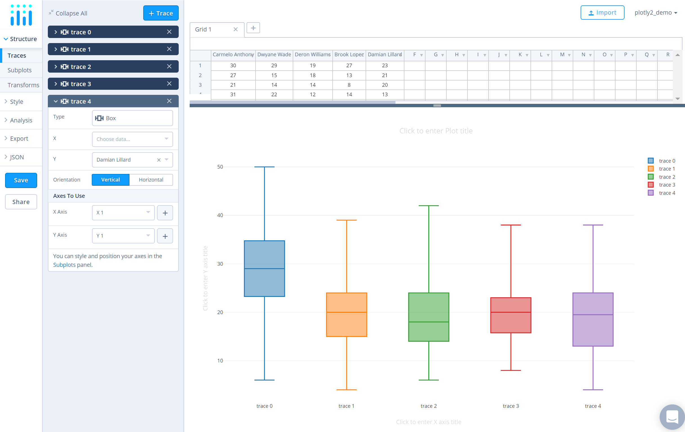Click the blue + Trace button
pyautogui.click(x=161, y=13)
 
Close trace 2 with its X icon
pyautogui.click(x=169, y=66)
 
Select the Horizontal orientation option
pyautogui.click(x=151, y=180)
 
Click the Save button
pyautogui.click(x=21, y=180)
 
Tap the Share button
pyautogui.click(x=21, y=202)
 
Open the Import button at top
pyautogui.click(x=602, y=12)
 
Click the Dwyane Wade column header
pyautogui.click(x=274, y=55)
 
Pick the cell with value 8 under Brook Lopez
pyautogui.click(x=349, y=85)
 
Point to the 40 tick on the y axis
pyautogui.click(x=220, y=215)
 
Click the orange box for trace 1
pyautogui.click(x=346, y=315)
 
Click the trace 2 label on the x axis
pyautogui.click(x=428, y=406)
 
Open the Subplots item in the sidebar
pyautogui.click(x=20, y=70)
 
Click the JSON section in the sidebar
pyautogui.click(x=17, y=157)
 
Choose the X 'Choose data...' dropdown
pyautogui.click(x=132, y=139)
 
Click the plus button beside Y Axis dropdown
pyautogui.click(x=165, y=236)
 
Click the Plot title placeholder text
pyautogui.click(x=436, y=131)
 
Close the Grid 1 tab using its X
pyautogui.click(x=236, y=29)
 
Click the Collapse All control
pyautogui.click(x=68, y=13)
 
